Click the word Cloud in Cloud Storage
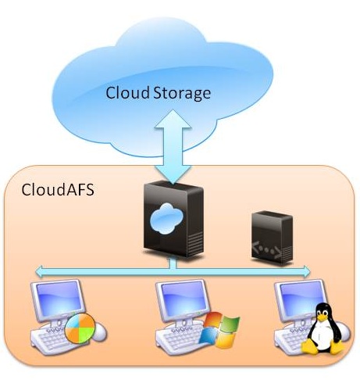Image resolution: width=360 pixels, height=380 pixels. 127,92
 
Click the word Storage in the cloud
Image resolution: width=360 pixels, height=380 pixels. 182,94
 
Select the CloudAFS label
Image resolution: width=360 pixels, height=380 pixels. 58,189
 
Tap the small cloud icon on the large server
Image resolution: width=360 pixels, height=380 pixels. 166,219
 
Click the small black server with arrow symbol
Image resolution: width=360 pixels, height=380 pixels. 272,238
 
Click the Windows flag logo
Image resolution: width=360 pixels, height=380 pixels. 219,329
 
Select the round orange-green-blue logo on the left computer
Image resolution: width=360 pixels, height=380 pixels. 80,328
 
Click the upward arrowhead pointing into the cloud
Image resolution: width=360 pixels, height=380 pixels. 173,119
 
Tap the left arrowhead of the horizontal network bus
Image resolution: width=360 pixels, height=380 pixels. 40,271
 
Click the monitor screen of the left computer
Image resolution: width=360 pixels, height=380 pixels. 58,296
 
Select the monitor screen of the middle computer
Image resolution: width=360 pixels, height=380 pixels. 183,296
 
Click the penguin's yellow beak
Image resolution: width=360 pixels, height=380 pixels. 323,317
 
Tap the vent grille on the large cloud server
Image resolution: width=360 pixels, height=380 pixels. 194,243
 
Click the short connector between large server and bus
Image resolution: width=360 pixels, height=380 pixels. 172,263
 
